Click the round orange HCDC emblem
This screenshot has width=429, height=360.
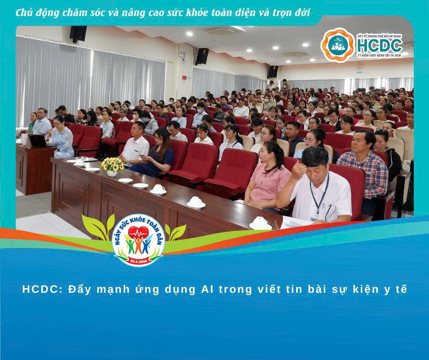point(338,44)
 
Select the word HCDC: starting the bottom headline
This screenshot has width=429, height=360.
point(41,289)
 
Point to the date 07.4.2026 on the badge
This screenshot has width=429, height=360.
point(138,258)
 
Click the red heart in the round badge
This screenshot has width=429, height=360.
point(138,233)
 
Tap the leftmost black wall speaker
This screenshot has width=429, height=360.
point(78,34)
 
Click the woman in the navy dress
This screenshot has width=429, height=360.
point(157,155)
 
